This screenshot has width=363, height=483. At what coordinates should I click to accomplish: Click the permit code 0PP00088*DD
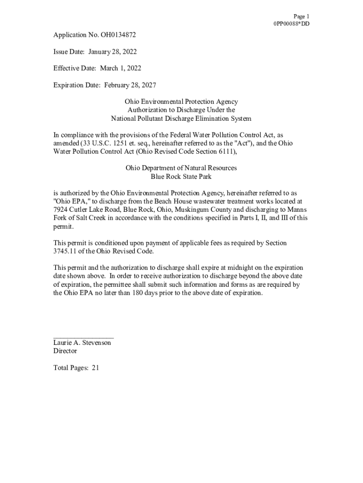[x=292, y=24]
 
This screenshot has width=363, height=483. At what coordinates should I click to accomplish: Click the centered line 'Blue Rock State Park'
[x=181, y=177]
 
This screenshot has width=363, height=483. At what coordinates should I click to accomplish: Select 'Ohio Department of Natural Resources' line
[x=181, y=168]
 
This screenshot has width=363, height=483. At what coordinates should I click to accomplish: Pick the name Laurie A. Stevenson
[x=82, y=343]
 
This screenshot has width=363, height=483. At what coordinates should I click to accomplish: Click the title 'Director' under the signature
[x=65, y=351]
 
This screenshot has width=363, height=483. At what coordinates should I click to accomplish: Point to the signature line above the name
[x=83, y=338]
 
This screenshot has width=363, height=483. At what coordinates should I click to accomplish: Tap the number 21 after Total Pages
[x=95, y=368]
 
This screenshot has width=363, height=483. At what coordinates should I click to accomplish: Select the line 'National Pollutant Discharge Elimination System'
[x=181, y=118]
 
